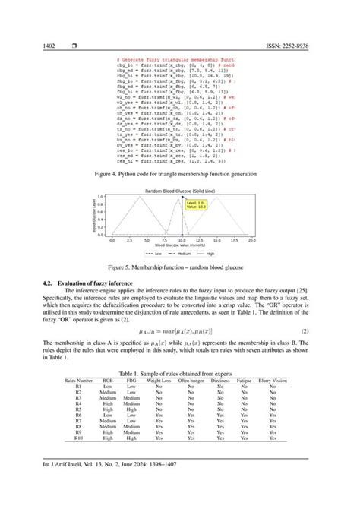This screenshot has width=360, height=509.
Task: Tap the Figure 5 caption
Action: pos(180,268)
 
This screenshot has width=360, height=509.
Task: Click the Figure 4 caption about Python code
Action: pos(180,175)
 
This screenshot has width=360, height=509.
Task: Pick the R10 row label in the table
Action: pos(78,438)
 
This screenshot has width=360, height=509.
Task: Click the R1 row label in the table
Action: pos(78,385)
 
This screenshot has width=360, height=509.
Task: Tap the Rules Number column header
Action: pos(78,379)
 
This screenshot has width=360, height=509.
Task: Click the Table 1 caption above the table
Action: pos(180,371)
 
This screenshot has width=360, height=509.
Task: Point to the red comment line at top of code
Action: pos(175,59)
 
